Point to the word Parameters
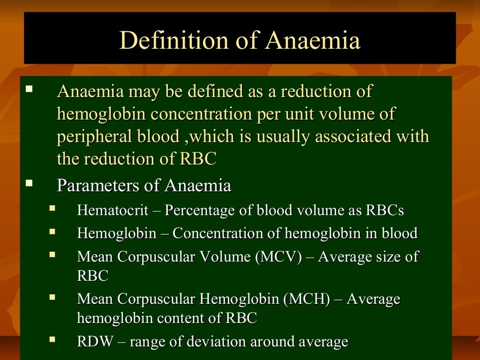[x=98, y=186]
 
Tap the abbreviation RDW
[x=95, y=342]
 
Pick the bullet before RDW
[x=52, y=338]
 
